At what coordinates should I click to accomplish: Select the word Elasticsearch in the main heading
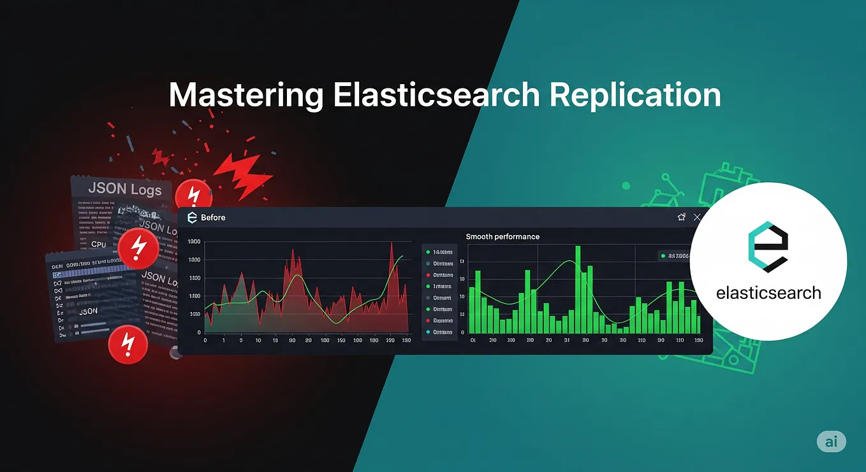(436, 96)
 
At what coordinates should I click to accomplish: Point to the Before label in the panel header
(213, 218)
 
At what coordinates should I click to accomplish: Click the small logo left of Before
(191, 218)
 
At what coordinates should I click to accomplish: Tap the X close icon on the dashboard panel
(698, 218)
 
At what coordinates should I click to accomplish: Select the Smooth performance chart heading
(503, 236)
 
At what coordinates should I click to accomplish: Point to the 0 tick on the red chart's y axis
(199, 333)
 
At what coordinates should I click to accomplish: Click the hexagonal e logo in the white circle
(768, 248)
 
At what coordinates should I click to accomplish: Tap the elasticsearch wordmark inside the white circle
(768, 293)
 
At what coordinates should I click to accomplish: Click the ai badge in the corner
(831, 441)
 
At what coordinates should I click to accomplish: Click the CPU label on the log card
(99, 244)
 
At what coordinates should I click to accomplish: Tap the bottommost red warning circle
(128, 345)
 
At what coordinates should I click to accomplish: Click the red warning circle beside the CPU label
(137, 247)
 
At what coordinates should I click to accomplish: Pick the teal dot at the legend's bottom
(427, 332)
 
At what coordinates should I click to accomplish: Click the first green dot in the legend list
(427, 252)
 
